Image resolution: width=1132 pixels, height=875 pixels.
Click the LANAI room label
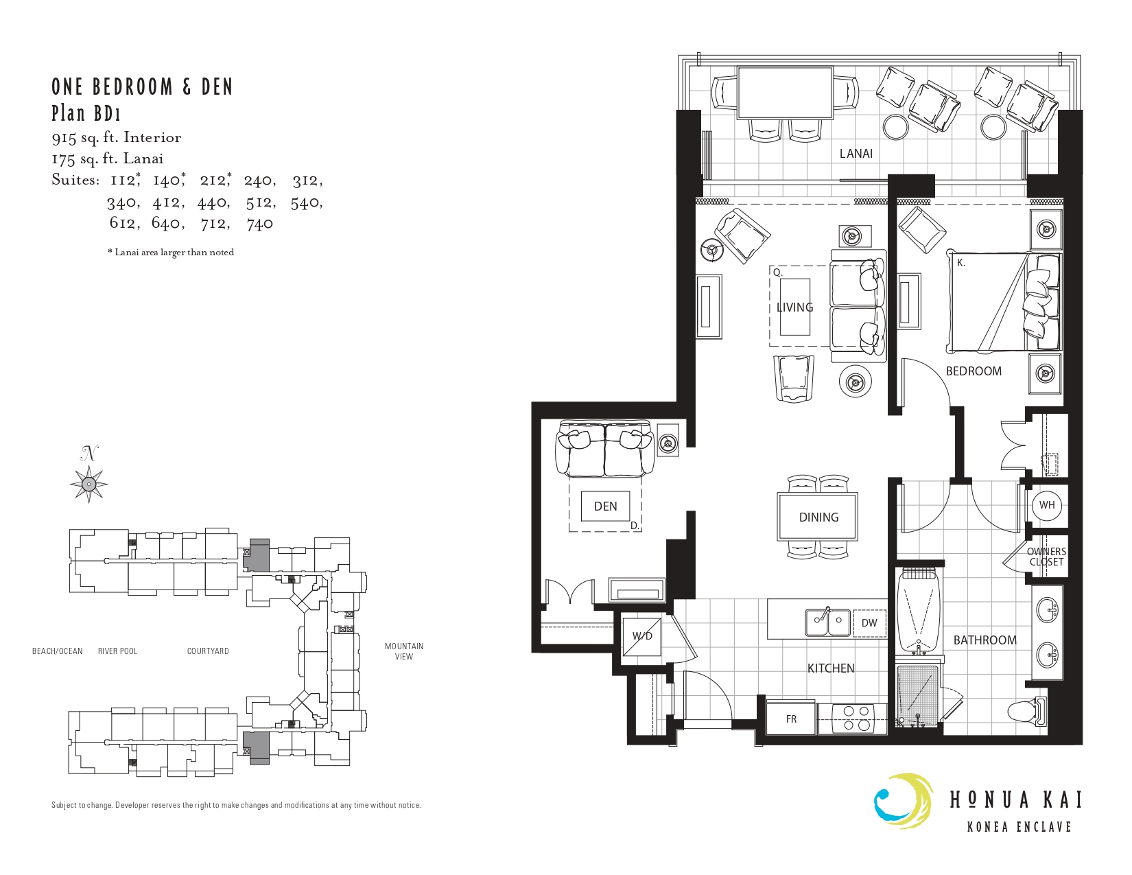click(x=856, y=154)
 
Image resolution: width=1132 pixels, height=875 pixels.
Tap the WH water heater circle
click(x=1046, y=505)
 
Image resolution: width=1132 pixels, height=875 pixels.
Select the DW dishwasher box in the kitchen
click(x=869, y=622)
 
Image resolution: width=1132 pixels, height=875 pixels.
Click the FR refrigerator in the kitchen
click(x=791, y=719)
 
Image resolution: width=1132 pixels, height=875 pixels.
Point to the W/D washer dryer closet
click(x=642, y=636)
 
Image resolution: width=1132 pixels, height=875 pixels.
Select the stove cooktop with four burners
click(x=852, y=719)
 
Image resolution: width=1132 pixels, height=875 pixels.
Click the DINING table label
click(x=818, y=517)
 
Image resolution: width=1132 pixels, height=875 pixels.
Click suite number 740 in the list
click(x=260, y=224)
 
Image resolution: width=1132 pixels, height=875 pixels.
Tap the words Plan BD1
click(x=86, y=113)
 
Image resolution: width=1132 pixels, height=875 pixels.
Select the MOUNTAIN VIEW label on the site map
click(x=403, y=651)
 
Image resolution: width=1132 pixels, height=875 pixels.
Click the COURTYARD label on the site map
click(x=208, y=651)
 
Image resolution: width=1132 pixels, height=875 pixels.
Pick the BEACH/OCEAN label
click(x=58, y=651)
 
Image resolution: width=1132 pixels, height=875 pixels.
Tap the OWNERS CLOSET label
click(x=1046, y=557)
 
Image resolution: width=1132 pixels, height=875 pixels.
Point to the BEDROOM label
click(x=974, y=371)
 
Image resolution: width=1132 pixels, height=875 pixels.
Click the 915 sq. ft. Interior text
click(x=116, y=138)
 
